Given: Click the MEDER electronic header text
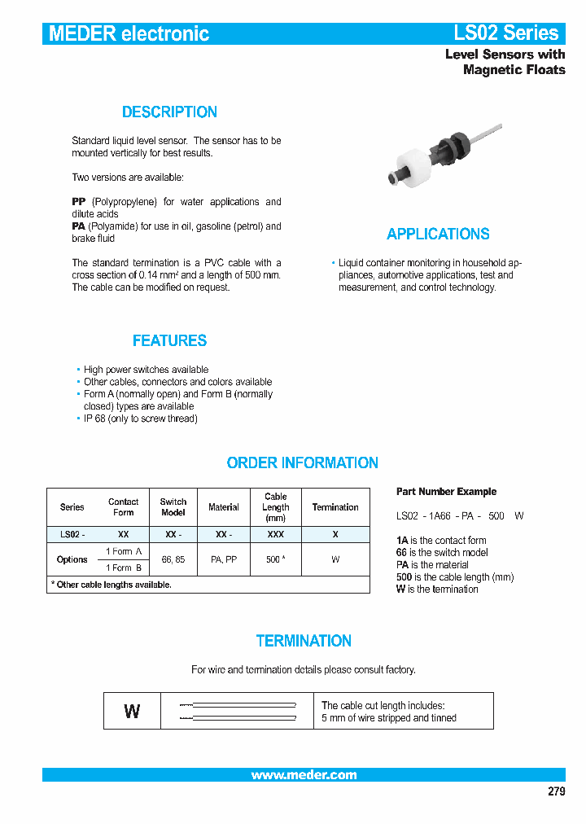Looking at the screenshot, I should [x=129, y=33].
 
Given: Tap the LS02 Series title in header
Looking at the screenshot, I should [x=505, y=33].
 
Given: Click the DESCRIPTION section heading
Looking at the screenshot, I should [x=169, y=112].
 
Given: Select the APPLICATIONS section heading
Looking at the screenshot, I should [x=438, y=234].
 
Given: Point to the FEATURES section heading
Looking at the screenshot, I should [x=169, y=341].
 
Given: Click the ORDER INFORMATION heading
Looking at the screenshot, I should [x=302, y=463].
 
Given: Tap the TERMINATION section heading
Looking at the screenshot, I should [x=304, y=642].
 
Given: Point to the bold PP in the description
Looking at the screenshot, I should [x=79, y=202].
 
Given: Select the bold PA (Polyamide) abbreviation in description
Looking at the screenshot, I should [x=79, y=226].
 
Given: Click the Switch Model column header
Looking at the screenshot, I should [x=173, y=507].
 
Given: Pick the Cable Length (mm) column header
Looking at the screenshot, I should [x=276, y=506].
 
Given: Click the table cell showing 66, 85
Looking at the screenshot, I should [x=173, y=560].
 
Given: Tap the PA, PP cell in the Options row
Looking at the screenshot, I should [x=224, y=560].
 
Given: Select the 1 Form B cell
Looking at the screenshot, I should [x=124, y=568].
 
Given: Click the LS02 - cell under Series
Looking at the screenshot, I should [x=72, y=535].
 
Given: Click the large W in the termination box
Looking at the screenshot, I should [x=132, y=712].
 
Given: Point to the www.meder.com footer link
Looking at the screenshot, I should [x=304, y=775].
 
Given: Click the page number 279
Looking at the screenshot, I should [x=555, y=791].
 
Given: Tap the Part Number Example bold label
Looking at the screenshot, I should [x=446, y=492].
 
